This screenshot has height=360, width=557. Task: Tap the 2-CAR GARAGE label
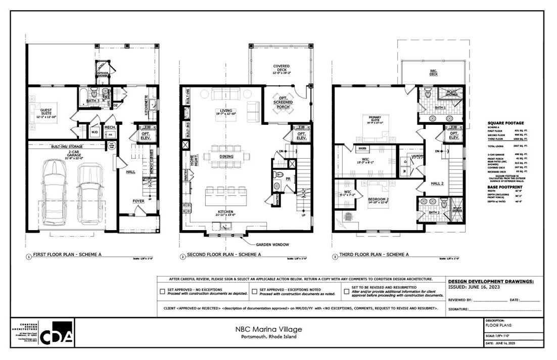pyautogui.click(x=68, y=152)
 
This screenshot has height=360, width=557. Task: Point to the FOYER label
pyautogui.click(x=138, y=201)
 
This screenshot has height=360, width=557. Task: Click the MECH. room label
pyautogui.click(x=110, y=127)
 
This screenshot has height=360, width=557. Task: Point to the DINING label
pyautogui.click(x=226, y=156)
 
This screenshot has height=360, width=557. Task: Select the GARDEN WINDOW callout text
pyautogui.click(x=273, y=245)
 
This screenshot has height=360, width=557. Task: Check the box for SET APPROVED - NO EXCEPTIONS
pyautogui.click(x=162, y=291)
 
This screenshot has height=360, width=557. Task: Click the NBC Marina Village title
pyautogui.click(x=268, y=329)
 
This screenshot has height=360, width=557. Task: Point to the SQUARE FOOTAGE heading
pyautogui.click(x=505, y=123)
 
